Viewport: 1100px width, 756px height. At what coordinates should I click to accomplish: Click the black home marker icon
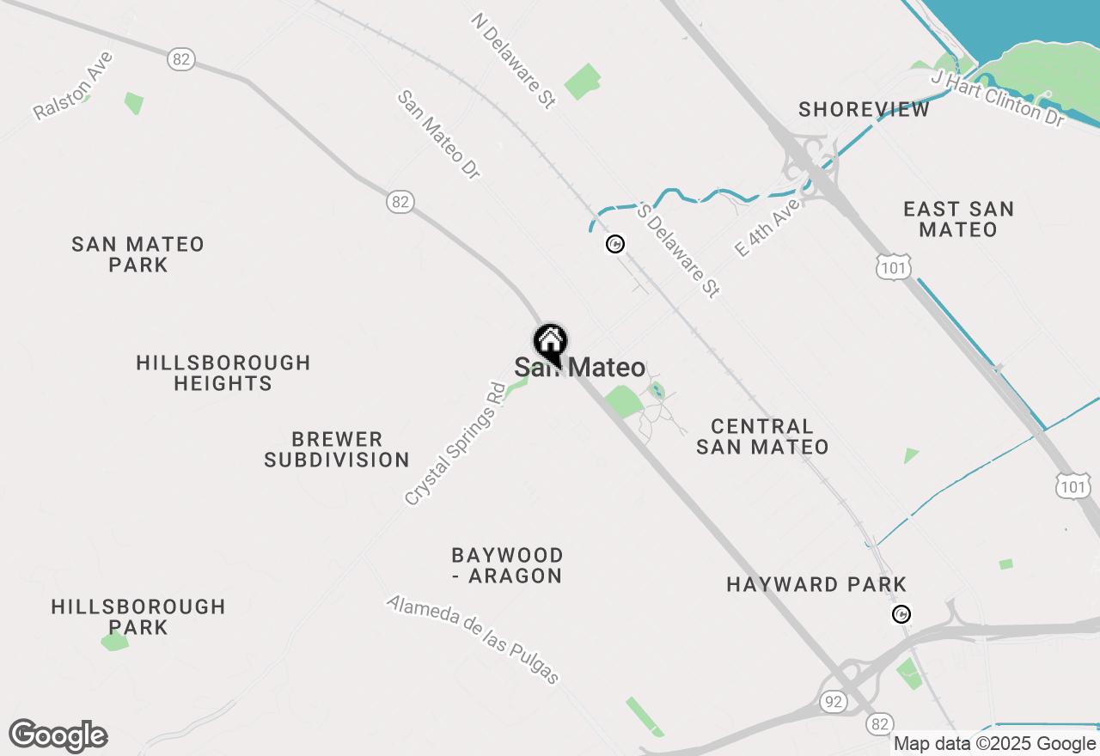[x=550, y=342]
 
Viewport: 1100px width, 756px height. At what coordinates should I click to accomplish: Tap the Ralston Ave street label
[x=73, y=86]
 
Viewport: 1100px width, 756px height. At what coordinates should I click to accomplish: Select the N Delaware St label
[x=513, y=60]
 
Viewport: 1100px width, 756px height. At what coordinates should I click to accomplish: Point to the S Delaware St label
[x=678, y=250]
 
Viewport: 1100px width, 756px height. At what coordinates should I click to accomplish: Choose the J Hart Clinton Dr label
[x=998, y=99]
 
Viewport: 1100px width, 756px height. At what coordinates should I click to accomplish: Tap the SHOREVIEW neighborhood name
[x=864, y=110]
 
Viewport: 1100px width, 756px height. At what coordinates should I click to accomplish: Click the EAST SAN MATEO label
[x=958, y=219]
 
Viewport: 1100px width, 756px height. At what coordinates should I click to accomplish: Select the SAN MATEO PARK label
[x=138, y=254]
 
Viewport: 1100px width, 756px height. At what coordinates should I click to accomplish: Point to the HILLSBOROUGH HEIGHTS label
[x=223, y=373]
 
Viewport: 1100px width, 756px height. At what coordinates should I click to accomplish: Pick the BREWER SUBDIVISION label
[x=337, y=449]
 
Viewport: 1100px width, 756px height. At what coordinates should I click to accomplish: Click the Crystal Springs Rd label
[x=454, y=443]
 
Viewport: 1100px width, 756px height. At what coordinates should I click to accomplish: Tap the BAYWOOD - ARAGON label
[x=507, y=565]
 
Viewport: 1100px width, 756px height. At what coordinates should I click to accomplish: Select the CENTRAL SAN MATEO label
[x=762, y=436]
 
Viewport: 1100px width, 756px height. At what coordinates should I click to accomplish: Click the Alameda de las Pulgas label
[x=474, y=639]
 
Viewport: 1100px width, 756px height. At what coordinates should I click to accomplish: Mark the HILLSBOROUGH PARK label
[x=138, y=617]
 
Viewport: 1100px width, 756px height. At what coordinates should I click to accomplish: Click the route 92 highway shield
[x=832, y=700]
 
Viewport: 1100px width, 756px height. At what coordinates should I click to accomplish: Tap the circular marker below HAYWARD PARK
[x=901, y=614]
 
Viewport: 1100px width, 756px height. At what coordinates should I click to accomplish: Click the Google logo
[x=58, y=735]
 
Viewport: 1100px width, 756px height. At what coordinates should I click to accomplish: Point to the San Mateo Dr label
[x=438, y=135]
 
